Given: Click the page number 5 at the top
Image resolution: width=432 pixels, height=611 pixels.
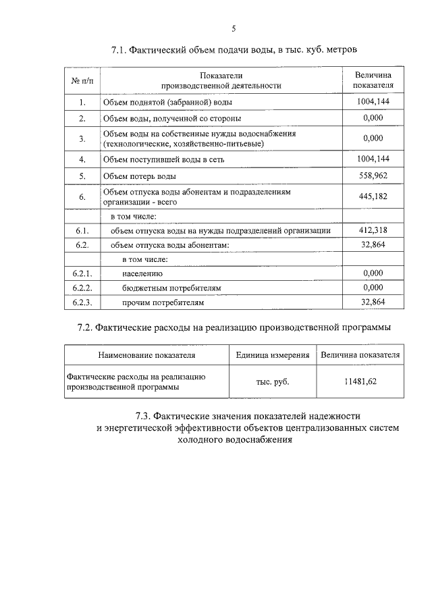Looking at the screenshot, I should [x=234, y=28].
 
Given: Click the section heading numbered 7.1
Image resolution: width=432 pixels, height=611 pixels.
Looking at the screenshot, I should [x=234, y=50].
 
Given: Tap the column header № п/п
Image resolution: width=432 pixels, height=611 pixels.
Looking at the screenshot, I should [x=81, y=80].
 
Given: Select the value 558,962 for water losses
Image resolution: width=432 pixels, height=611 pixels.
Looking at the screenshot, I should [x=373, y=175].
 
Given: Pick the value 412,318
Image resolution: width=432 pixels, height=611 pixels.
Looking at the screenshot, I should [x=373, y=230].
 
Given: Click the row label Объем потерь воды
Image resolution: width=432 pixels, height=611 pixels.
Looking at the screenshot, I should [x=139, y=176].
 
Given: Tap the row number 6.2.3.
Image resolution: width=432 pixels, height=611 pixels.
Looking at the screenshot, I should [x=81, y=302].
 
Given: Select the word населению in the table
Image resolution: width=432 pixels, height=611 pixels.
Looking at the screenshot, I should [x=142, y=273].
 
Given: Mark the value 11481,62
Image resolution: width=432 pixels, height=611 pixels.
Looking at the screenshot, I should [x=360, y=381].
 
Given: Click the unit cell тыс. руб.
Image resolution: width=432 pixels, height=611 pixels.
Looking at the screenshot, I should [x=272, y=382].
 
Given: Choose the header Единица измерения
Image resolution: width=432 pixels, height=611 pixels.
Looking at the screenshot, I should [x=273, y=354].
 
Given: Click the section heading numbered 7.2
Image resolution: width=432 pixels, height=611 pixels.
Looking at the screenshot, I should [x=234, y=327].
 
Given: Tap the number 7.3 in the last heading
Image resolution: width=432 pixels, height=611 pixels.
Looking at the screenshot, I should [x=146, y=415].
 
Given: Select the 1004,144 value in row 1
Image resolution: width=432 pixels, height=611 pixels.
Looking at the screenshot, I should [x=373, y=101].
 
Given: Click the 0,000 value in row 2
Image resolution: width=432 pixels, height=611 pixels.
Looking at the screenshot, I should [x=373, y=117].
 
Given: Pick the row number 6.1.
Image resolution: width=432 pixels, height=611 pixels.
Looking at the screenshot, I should [x=81, y=231].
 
